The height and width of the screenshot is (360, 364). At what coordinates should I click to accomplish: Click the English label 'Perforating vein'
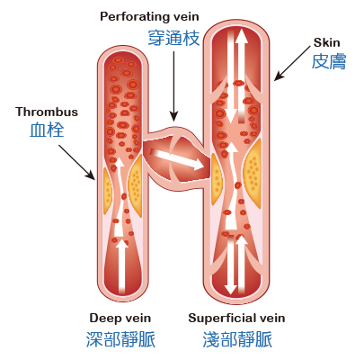tap(149, 17)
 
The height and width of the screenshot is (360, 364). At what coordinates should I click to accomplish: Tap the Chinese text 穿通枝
tap(173, 38)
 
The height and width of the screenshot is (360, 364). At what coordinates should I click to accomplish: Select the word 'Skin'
tap(326, 42)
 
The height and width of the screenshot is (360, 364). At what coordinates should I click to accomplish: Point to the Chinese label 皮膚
tap(329, 61)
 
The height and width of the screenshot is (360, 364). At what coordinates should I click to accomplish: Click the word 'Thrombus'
tap(47, 112)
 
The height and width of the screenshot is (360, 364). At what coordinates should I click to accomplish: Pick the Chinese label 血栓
tap(47, 130)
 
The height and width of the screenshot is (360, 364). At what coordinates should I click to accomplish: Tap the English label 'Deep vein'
tap(120, 318)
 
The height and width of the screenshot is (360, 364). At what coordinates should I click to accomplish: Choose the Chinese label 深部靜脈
tap(120, 339)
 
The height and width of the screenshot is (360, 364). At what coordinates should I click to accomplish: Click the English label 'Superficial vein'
tap(236, 318)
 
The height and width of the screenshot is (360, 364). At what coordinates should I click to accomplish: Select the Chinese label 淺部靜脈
tap(237, 339)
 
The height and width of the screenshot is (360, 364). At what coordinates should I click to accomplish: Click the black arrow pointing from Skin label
tap(292, 63)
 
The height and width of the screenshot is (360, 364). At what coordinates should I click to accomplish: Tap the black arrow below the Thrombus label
tap(76, 162)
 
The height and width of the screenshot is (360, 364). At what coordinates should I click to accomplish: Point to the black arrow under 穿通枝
tap(173, 86)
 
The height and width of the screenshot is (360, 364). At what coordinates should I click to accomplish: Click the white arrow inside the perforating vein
tap(177, 159)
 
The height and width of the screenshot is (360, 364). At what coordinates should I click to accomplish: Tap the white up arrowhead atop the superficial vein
tap(241, 35)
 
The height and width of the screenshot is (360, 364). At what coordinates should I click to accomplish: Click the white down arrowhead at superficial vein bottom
tap(231, 288)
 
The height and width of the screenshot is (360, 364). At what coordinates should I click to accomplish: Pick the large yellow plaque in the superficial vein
tap(253, 174)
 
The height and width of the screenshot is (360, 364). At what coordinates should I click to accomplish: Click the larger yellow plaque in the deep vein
tap(136, 185)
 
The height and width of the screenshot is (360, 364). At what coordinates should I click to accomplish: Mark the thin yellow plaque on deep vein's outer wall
tap(107, 191)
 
